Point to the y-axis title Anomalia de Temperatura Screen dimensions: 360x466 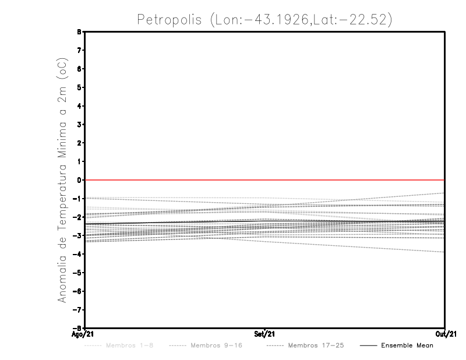coord(62,192)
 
